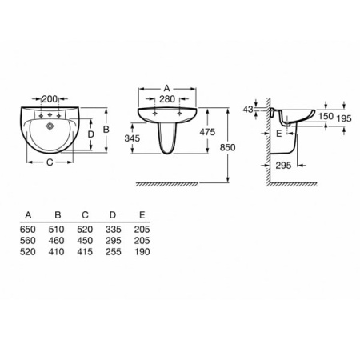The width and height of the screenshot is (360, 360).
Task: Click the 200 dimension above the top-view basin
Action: click(50, 99)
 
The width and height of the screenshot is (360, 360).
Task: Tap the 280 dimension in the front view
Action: click(167, 99)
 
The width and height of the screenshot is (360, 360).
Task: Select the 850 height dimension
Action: click(227, 147)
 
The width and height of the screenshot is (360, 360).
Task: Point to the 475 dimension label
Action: click(207, 132)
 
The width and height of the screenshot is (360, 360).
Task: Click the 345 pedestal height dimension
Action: click(132, 138)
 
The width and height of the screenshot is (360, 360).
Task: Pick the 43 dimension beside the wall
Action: click(248, 110)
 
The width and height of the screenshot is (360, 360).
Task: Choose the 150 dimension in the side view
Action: click(326, 116)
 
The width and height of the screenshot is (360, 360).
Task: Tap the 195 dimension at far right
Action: click(344, 118)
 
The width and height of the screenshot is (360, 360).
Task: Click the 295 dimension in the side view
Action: click(283, 166)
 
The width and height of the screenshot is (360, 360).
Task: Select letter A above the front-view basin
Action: click(166, 88)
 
